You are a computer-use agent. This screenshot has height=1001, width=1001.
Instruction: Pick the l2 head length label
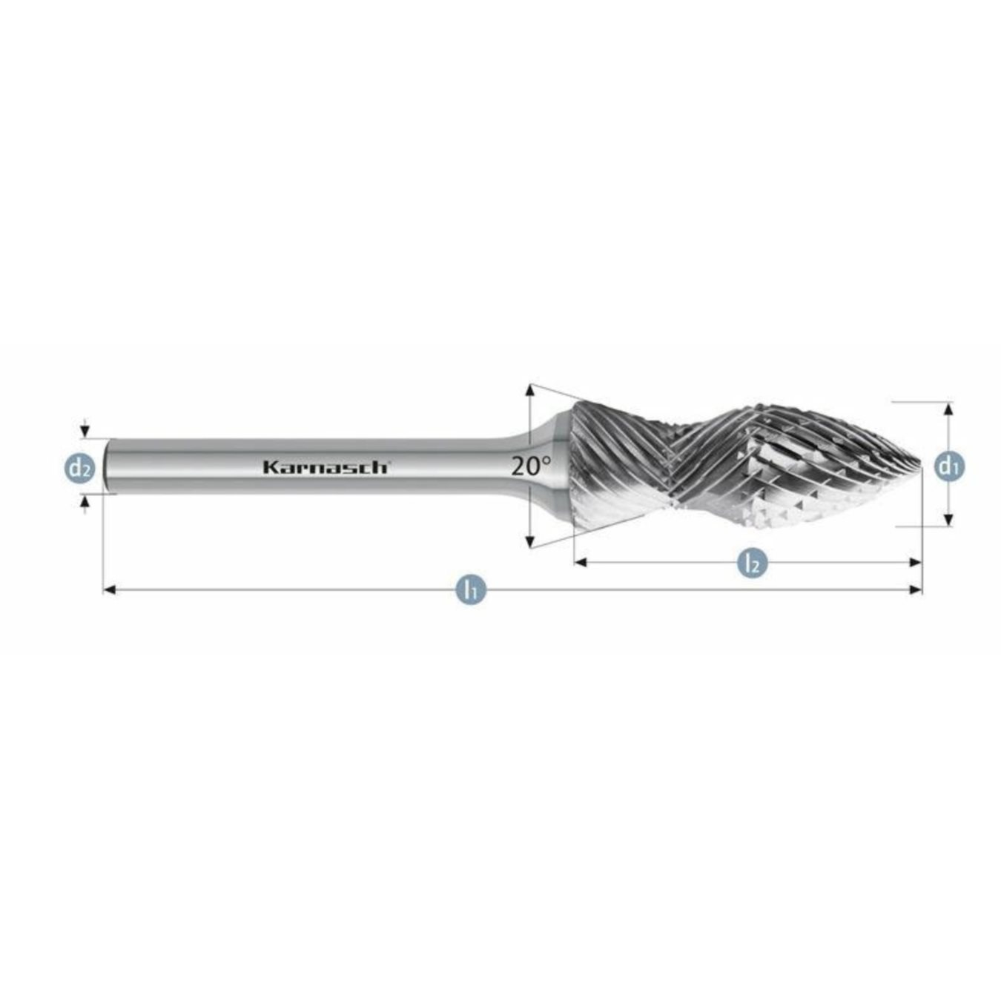pos(752,563)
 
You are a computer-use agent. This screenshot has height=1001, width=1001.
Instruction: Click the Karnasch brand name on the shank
pos(325,467)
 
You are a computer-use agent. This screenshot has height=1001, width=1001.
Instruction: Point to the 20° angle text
pos(531,466)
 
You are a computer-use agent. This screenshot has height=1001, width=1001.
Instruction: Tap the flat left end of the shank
pos(106,466)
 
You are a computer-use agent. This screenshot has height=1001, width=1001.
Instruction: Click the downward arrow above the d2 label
pos(85,432)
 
